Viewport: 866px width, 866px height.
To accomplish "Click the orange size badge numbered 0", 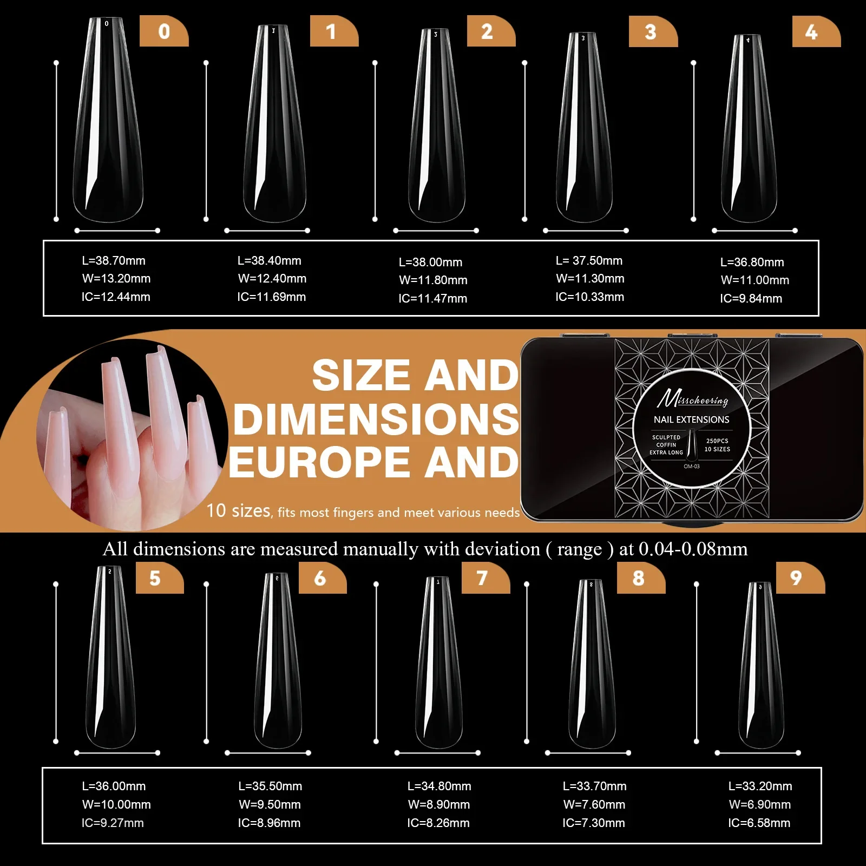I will [x=164, y=31].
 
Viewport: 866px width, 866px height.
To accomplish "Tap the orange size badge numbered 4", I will [x=816, y=32].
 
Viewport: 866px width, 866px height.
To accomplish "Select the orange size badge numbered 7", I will [x=485, y=578].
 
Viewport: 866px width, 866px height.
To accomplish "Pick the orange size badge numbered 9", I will [x=799, y=578].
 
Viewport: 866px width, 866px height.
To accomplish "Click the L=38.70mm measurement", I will [x=114, y=261].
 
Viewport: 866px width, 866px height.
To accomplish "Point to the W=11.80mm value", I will [x=433, y=280].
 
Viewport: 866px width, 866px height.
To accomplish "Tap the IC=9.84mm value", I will [x=751, y=299].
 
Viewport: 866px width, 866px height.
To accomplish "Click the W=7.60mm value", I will [x=594, y=805].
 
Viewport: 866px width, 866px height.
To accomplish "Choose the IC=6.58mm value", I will [x=759, y=823].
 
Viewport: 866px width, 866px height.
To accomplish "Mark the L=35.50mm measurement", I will [x=270, y=786].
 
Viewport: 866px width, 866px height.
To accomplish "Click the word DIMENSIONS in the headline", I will [x=376, y=419].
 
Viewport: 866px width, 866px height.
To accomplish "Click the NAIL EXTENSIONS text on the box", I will [x=691, y=420].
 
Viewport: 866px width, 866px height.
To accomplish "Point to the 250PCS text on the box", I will [x=717, y=441].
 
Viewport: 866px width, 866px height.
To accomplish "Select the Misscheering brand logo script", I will [x=692, y=399].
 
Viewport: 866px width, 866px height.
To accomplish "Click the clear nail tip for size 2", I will [x=436, y=124].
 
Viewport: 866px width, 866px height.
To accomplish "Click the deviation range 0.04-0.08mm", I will [x=693, y=549].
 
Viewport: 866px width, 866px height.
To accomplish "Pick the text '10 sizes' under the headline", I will [x=238, y=511].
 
